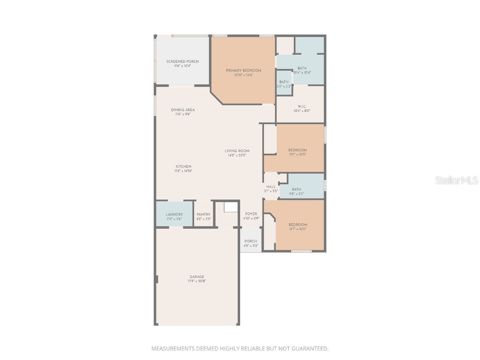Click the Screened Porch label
pos(182,61)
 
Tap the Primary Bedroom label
pos(243,70)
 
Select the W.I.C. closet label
pos(301,106)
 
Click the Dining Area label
pos(182,110)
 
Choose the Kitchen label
pos(183,166)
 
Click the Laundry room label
pos(174,214)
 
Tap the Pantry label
pos(203,214)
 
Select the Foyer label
pos(251,214)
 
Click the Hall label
pos(271,187)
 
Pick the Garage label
pos(197,277)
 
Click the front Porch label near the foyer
pos(251,241)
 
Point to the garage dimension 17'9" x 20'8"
pos(197,281)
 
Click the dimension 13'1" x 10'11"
pos(298,229)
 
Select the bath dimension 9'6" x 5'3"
pos(296,194)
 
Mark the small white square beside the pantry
pos(231,207)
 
